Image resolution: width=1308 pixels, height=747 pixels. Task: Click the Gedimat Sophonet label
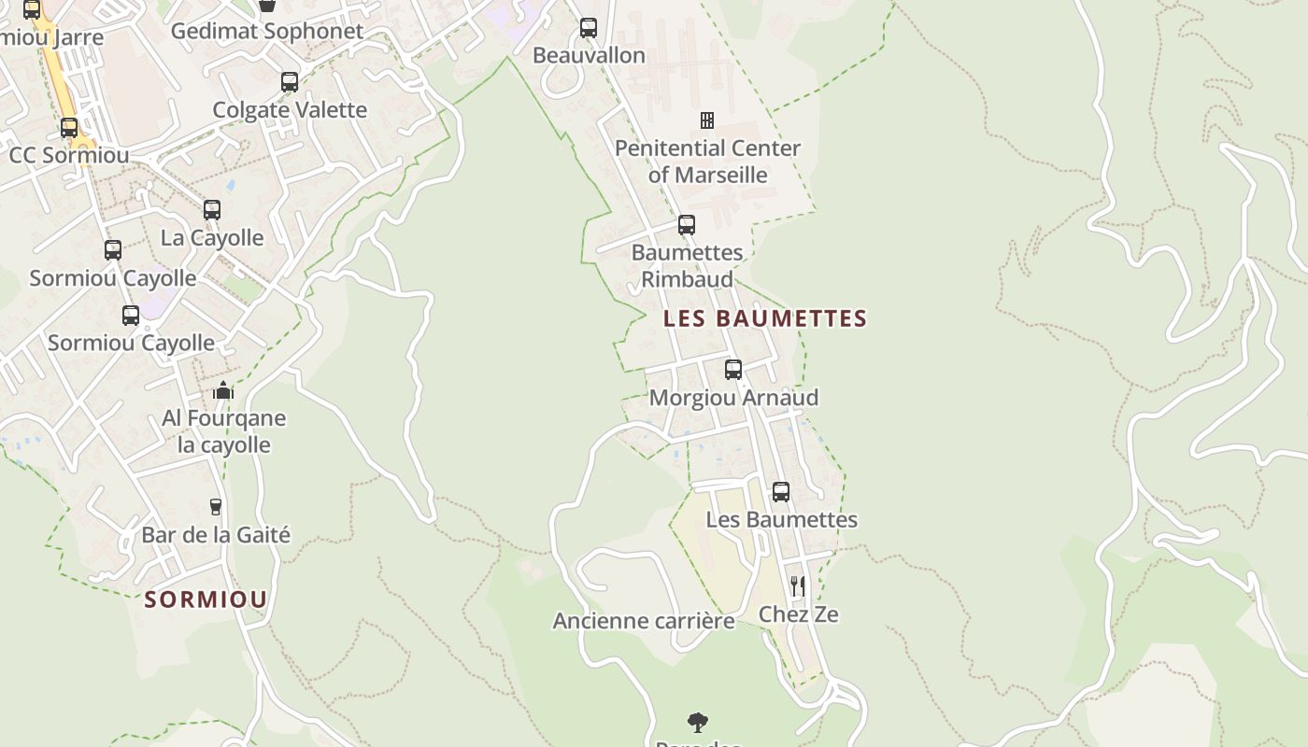[266, 31]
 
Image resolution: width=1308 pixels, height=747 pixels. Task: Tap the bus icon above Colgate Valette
[290, 82]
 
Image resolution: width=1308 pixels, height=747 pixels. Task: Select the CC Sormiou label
[69, 155]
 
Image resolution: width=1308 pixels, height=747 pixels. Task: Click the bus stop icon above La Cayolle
[212, 210]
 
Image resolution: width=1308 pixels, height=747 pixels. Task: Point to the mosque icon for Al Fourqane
[223, 390]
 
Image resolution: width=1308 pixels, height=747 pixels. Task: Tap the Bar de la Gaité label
[216, 535]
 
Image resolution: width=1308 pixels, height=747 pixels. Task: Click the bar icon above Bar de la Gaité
[216, 507]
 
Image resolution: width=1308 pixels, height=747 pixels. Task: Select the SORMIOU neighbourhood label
[206, 599]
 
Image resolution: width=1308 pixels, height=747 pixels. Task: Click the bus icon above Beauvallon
[589, 28]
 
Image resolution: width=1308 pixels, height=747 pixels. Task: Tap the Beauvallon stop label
[589, 55]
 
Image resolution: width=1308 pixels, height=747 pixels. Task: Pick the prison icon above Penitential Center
[707, 120]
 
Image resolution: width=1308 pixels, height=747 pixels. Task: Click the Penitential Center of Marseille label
[707, 162]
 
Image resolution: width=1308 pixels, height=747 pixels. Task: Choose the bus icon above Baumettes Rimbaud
[687, 225]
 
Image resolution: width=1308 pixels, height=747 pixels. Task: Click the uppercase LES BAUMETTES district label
[765, 318]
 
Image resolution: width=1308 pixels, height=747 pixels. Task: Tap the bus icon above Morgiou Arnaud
[733, 370]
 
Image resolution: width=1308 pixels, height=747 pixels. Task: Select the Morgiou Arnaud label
[733, 398]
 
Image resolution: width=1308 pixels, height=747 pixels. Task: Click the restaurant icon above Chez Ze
[798, 586]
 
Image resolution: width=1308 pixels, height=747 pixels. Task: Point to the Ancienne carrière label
[644, 621]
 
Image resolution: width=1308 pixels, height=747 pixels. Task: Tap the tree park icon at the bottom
[697, 722]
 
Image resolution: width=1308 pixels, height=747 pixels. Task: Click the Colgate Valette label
[290, 109]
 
